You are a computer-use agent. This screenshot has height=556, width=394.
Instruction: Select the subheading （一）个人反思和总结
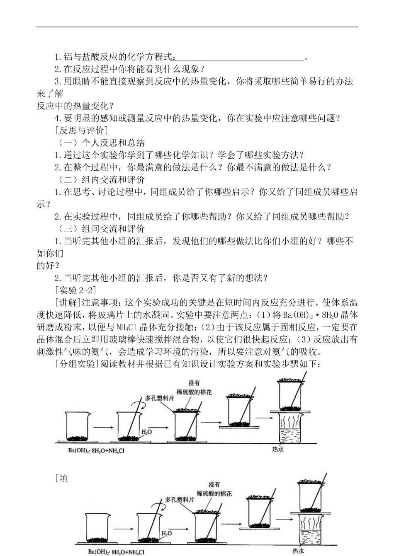click(101, 143)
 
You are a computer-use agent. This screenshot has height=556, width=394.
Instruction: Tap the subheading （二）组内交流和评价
click(101, 180)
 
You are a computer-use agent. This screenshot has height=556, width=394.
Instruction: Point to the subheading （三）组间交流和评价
click(101, 229)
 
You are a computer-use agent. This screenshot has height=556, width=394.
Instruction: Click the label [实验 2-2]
click(75, 290)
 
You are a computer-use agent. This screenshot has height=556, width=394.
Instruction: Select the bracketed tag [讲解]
click(68, 302)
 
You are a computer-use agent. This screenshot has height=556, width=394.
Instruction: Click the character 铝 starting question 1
click(68, 57)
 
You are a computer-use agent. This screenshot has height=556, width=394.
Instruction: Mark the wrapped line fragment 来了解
click(50, 94)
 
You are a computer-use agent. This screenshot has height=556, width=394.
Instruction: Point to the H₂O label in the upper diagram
click(146, 432)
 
